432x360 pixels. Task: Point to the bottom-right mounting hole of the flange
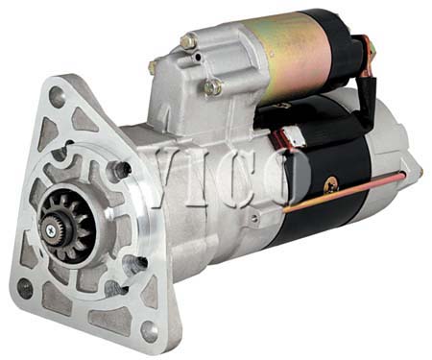coord(149,329)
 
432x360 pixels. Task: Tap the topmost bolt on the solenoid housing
coord(188,41)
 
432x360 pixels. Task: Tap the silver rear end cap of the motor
coord(394,163)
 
